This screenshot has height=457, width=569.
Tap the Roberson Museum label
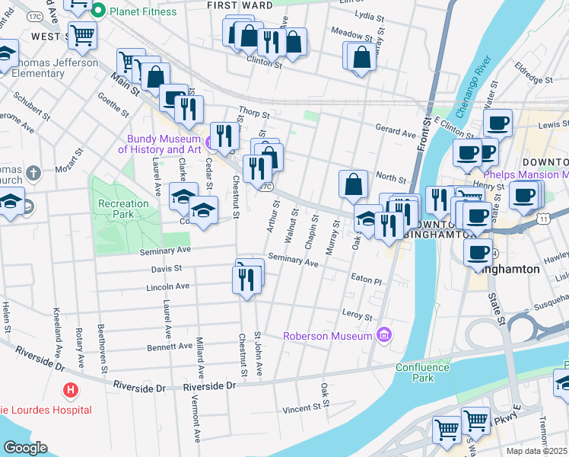[329, 336]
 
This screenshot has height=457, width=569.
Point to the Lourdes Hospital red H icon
[71, 391]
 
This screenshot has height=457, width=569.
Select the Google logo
[25, 447]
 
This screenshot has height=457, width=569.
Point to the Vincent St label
[300, 409]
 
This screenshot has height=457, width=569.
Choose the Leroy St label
[358, 316]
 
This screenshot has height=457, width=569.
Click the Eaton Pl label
[366, 280]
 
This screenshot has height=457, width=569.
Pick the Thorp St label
[254, 110]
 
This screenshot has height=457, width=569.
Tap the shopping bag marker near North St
[353, 184]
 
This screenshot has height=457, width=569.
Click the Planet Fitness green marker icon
[98, 11]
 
